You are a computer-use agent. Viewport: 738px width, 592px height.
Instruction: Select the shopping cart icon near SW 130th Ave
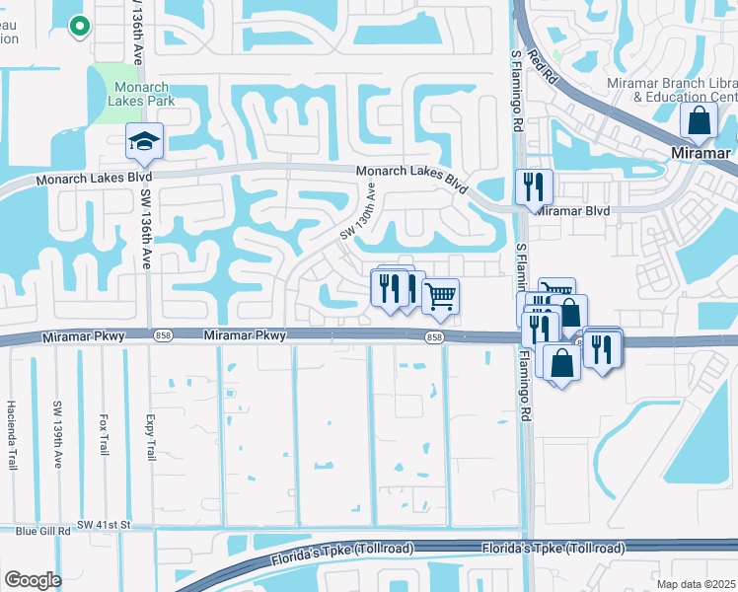point(440,295)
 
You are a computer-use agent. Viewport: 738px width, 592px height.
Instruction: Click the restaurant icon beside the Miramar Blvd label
point(534,186)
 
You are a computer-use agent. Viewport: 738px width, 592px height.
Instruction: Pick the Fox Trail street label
point(103,433)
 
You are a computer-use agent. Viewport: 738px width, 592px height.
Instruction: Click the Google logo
point(32,580)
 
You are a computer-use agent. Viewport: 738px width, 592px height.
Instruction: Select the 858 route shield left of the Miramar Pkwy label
point(162,336)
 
